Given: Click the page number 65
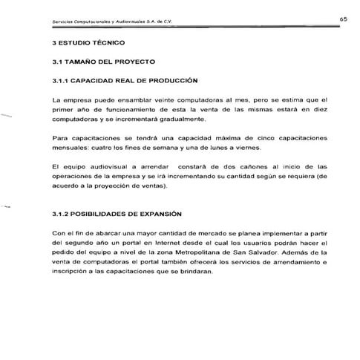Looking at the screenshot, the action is tap(345, 18).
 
